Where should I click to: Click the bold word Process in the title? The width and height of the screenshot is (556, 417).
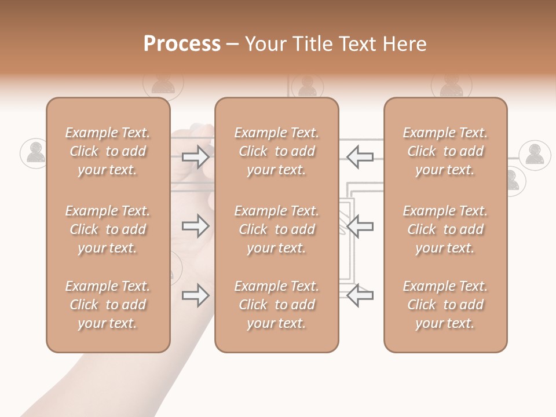[x=182, y=44]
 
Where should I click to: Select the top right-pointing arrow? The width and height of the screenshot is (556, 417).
[x=196, y=156]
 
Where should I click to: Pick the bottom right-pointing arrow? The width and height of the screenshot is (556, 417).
[x=196, y=295]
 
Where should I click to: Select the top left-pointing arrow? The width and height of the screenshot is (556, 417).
[x=360, y=156]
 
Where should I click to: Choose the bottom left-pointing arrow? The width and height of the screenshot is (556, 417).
[x=360, y=295]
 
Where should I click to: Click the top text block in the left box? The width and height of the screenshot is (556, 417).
[x=108, y=151]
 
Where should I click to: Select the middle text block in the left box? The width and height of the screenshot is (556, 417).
[x=108, y=229]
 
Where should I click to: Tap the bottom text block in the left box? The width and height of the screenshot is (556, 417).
[x=108, y=305]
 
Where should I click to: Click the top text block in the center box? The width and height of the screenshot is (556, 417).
[x=276, y=151]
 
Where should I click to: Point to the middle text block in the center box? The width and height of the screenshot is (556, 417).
[x=276, y=229]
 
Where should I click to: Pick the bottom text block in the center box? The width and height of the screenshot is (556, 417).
[x=276, y=305]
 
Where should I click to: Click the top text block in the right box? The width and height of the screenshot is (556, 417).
[x=445, y=151]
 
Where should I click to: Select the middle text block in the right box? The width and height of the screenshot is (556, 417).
[x=445, y=229]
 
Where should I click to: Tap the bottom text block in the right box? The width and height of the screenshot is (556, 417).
[x=445, y=305]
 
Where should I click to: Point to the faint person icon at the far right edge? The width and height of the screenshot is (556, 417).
[x=535, y=155]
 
